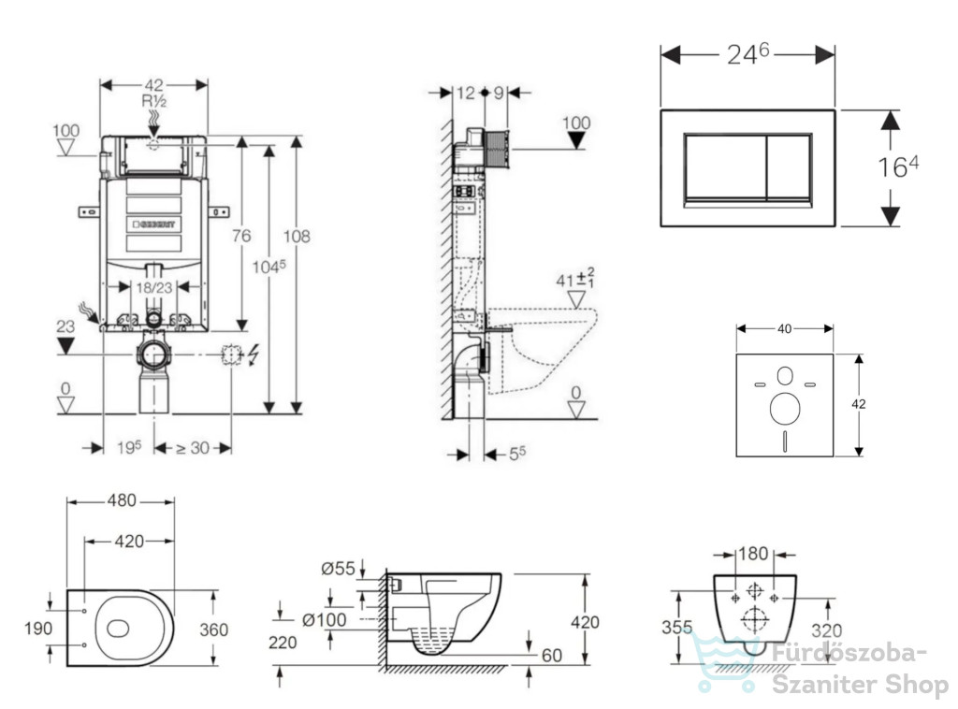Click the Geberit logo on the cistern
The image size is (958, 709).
154,224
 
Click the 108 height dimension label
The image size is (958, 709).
297,236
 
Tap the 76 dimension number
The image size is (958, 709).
241,235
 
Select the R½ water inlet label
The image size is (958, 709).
154,101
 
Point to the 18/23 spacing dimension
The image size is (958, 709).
154,287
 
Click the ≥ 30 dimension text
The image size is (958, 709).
193,448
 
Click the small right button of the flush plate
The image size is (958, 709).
788,166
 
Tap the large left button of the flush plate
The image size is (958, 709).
725,166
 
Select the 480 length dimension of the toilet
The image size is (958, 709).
122,500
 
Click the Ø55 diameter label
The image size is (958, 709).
338,569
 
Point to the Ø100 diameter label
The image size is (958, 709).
325,620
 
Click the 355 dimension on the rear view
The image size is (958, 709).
677,628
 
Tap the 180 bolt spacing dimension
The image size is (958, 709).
753,554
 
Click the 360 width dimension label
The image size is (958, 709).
214,629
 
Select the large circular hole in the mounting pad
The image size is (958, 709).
785,409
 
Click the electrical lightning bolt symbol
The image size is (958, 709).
253,354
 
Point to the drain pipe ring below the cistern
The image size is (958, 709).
154,354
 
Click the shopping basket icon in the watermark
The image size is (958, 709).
727,662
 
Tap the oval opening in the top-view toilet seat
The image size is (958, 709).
118,628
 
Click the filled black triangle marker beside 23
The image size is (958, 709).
65,346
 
